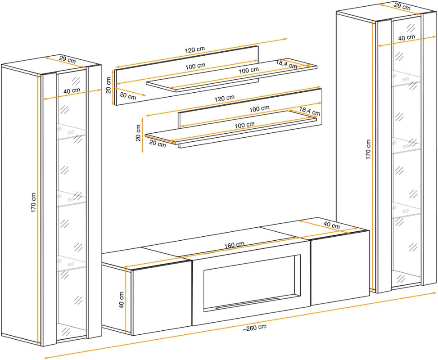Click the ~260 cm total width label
254,328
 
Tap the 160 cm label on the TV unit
235,245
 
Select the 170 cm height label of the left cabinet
33,202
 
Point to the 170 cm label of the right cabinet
368,149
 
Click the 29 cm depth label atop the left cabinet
68,59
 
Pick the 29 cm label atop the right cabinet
402,6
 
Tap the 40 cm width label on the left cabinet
72,91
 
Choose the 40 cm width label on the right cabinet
406,38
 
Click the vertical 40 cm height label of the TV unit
122,300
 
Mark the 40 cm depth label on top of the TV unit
332,225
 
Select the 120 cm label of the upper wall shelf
195,49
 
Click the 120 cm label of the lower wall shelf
224,98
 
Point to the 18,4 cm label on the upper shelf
287,64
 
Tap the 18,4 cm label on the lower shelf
310,111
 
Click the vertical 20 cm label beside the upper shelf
108,85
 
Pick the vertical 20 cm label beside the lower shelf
138,133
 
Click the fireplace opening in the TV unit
251,282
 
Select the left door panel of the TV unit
162,297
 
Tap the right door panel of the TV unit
340,268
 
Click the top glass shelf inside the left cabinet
71,130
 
